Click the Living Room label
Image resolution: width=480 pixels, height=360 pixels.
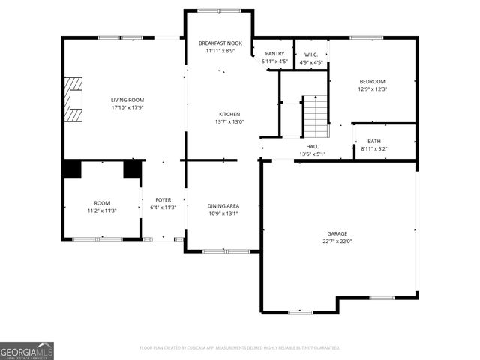pos(127,100)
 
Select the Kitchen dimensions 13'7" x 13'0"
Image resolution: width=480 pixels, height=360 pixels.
pos(229,121)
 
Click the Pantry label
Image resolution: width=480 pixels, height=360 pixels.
pos(274,54)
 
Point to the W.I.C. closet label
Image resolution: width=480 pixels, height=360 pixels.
pos(311,54)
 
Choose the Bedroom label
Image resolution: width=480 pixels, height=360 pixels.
pos(372,81)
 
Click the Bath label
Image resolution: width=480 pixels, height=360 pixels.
pos(373,141)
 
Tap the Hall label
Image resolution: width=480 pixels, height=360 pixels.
pos(312,146)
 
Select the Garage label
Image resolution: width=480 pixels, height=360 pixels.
pos(337,233)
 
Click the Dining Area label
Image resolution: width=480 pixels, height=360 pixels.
pos(223,205)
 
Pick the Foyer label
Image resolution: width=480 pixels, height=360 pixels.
pos(163,200)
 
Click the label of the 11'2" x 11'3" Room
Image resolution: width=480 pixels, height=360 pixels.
pos(101,203)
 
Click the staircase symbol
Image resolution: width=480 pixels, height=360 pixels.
pos(316,116)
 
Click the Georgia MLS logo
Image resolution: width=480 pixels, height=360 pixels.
pos(27,351)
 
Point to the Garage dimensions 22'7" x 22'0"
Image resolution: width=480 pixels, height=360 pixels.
pos(337,241)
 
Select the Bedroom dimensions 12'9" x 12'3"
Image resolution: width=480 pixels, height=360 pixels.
pos(372,89)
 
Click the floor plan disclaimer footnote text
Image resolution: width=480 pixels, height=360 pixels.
pos(240,348)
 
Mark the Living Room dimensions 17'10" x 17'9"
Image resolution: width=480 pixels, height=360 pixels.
pos(127,107)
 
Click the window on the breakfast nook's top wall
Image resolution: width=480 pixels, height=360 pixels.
pos(219,10)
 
